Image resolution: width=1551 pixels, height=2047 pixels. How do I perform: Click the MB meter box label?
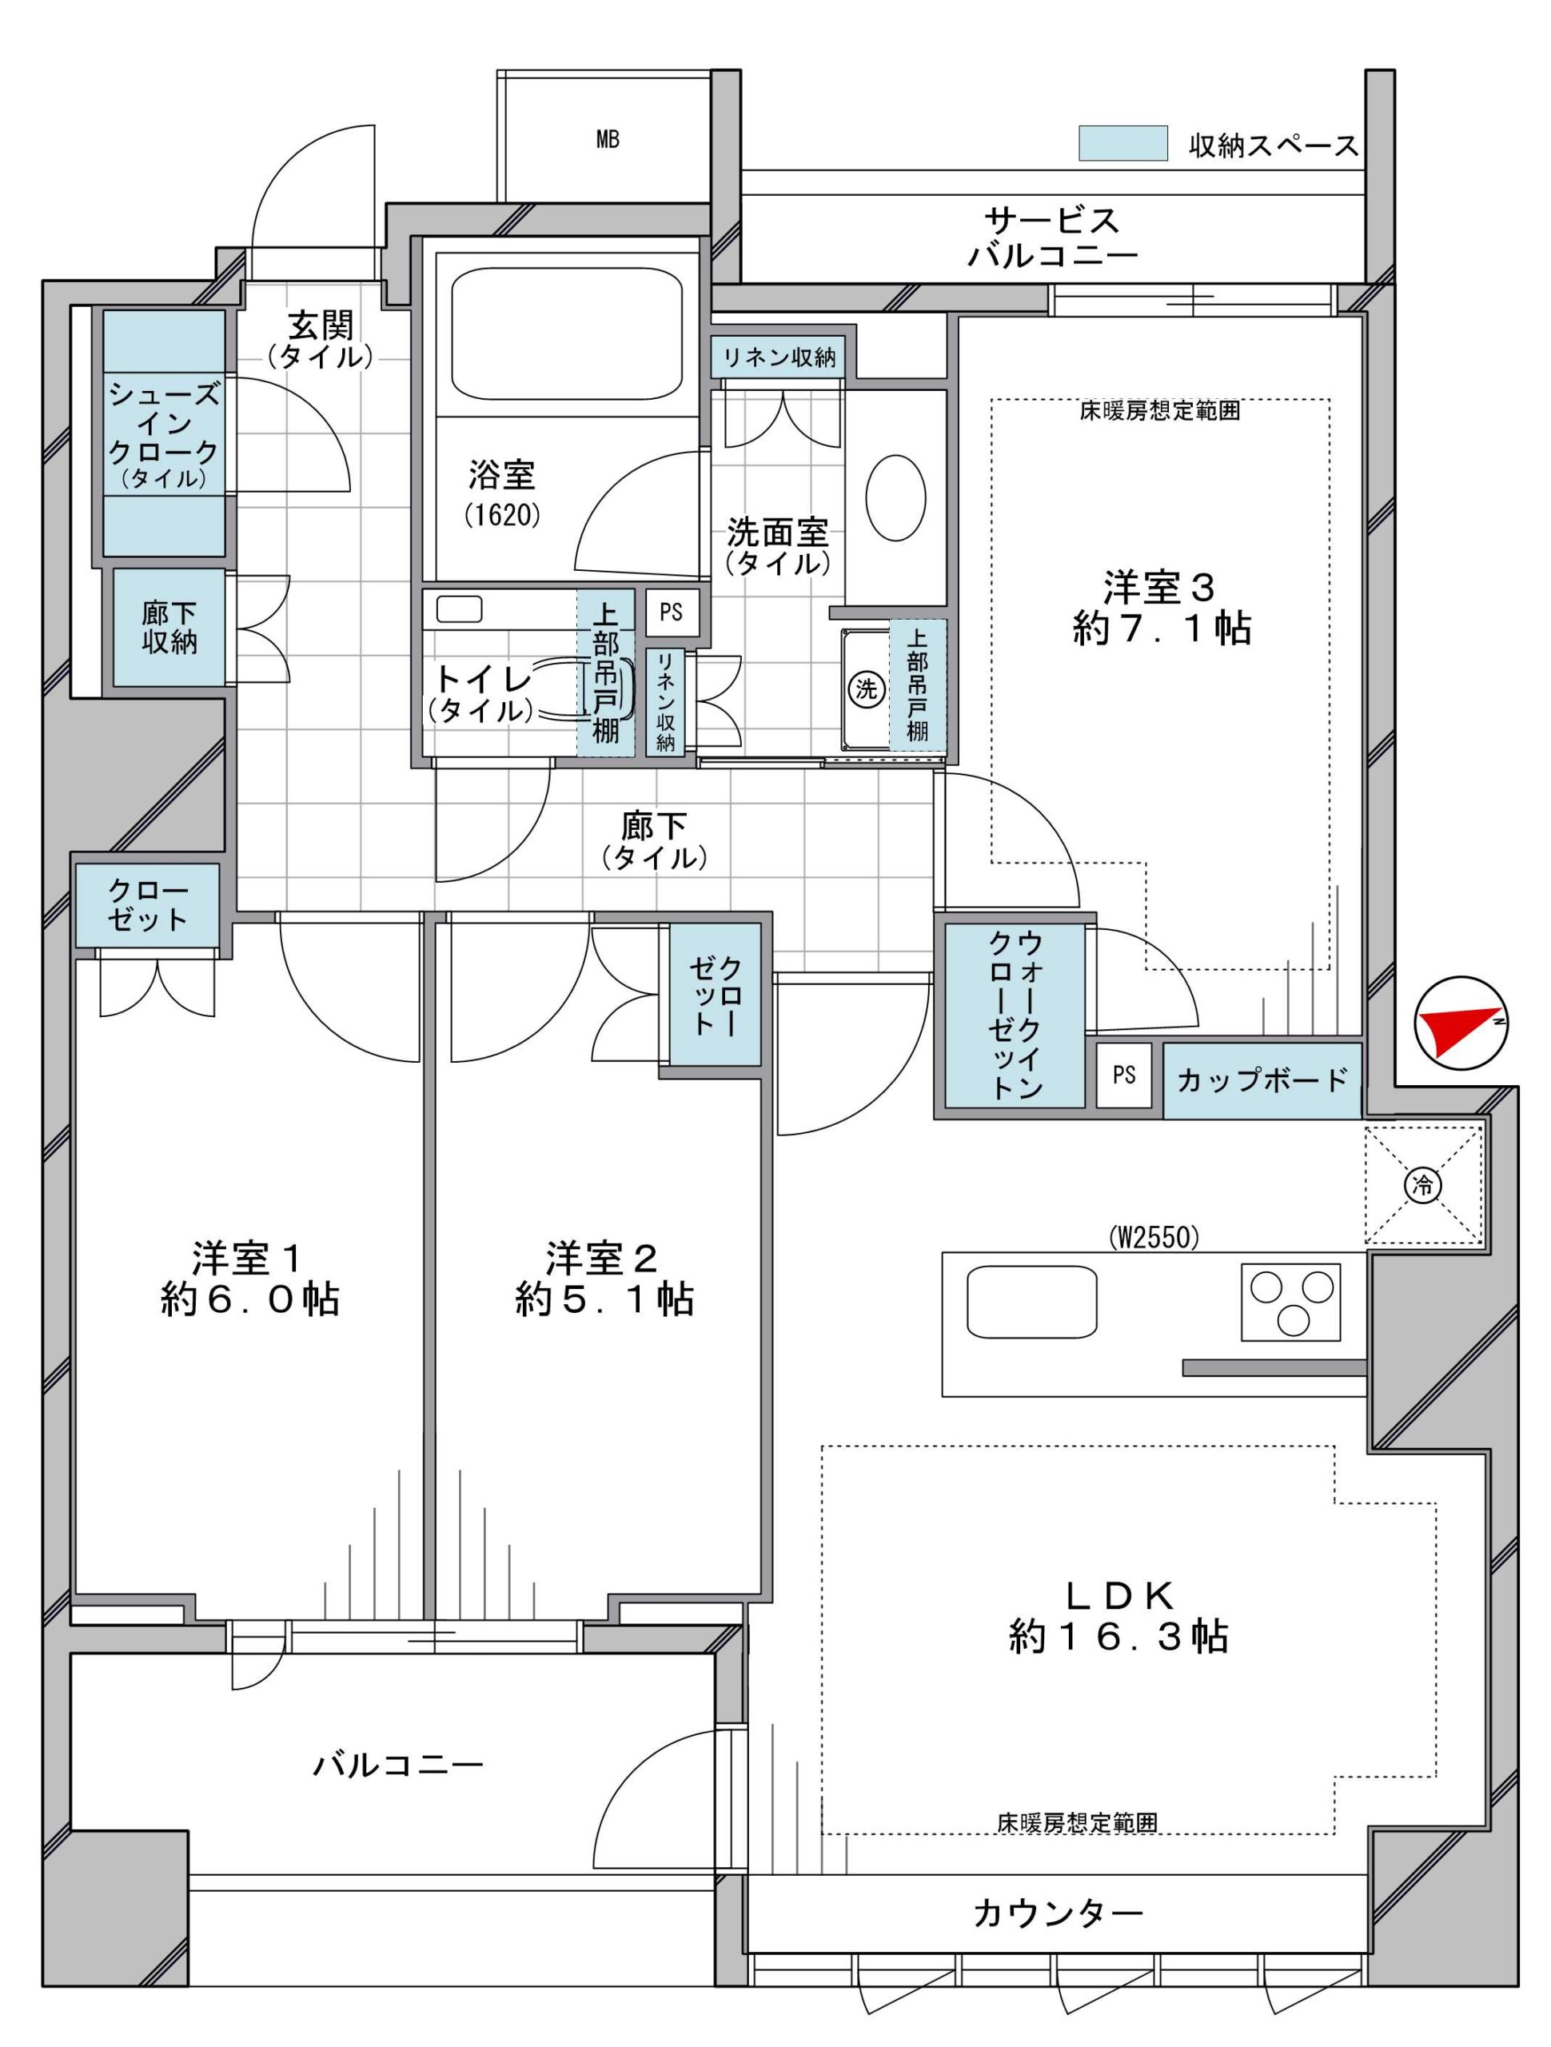click(607, 140)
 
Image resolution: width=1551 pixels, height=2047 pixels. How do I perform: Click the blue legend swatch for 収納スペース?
click(1122, 142)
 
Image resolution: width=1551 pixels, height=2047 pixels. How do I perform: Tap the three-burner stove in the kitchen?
click(1290, 1301)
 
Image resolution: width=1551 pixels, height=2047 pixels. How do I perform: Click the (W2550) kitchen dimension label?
click(1153, 1237)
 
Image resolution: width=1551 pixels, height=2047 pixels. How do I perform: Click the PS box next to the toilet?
click(671, 613)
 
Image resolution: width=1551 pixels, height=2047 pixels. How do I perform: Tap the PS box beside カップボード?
click(1123, 1075)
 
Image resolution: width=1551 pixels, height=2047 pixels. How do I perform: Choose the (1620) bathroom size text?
click(501, 513)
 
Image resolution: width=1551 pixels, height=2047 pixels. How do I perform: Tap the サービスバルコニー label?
click(1052, 237)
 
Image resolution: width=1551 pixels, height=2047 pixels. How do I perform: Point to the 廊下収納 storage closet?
click(169, 628)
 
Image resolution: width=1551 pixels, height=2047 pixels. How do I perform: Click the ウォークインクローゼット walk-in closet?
click(1015, 1016)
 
